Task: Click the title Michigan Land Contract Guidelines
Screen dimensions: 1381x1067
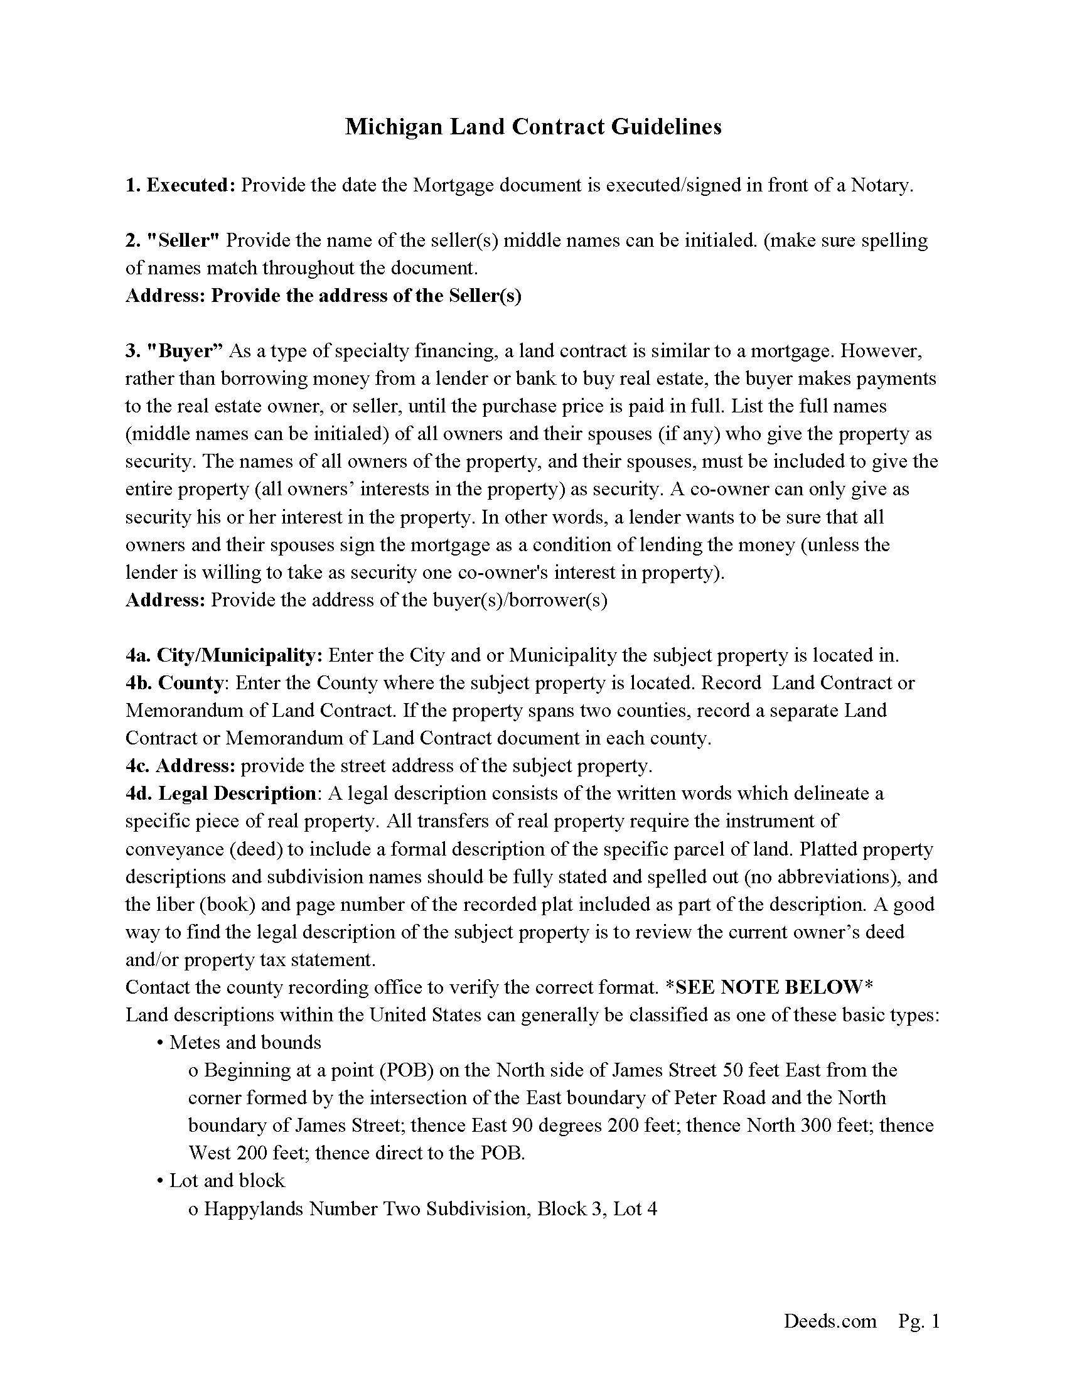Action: pyautogui.click(x=533, y=127)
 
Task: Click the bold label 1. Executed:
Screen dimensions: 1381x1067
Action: pyautogui.click(x=181, y=185)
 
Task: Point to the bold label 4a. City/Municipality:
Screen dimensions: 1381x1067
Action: pyautogui.click(x=225, y=655)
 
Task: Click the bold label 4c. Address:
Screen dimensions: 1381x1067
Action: pyautogui.click(x=180, y=766)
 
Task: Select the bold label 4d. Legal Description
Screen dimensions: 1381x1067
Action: pyautogui.click(x=220, y=793)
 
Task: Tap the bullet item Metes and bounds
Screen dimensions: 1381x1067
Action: pyautogui.click(x=245, y=1043)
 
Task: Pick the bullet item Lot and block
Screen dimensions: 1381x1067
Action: pyautogui.click(x=227, y=1181)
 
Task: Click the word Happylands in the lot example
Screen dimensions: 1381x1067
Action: pyautogui.click(x=254, y=1208)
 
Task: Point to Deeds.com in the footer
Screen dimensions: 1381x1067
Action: pyautogui.click(x=830, y=1320)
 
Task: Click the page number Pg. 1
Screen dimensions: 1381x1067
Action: pyautogui.click(x=919, y=1320)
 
